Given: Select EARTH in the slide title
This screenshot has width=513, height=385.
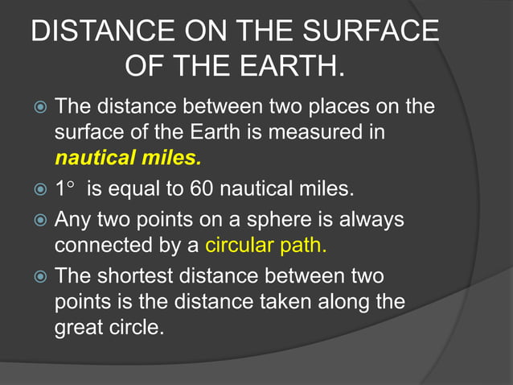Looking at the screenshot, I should point(290,67).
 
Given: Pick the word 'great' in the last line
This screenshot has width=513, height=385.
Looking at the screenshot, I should point(77,329).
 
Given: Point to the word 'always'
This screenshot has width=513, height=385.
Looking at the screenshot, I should point(376,219).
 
